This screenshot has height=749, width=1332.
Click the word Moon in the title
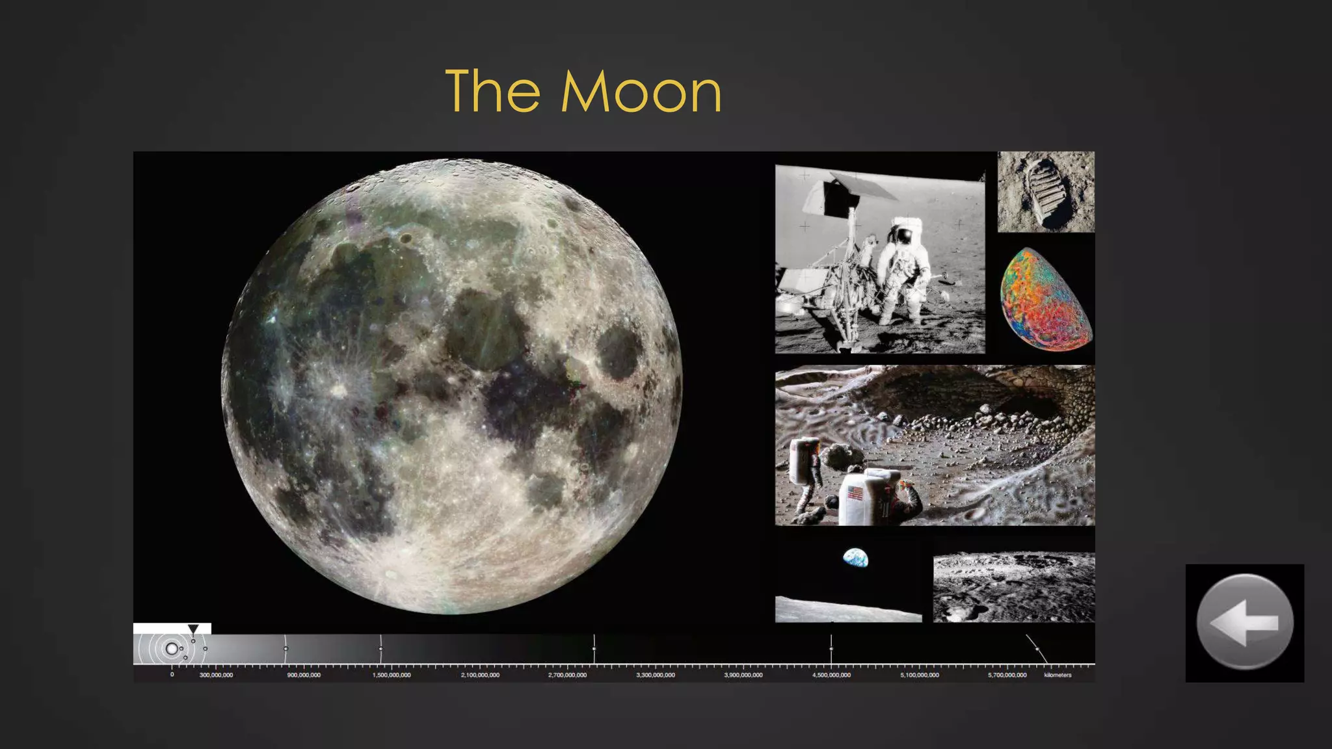click(x=641, y=92)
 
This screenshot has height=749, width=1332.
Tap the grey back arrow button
click(x=1244, y=622)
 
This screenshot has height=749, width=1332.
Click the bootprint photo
click(x=1046, y=192)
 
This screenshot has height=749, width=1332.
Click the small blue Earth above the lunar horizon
click(x=855, y=558)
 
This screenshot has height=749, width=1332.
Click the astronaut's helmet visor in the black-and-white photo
click(x=903, y=235)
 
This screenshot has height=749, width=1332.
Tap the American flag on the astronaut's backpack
click(x=856, y=493)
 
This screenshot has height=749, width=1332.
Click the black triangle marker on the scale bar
click(x=193, y=629)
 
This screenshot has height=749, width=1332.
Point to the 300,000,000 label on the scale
click(x=216, y=675)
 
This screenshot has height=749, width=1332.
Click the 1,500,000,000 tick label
click(x=392, y=675)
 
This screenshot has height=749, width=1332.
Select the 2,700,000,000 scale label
click(x=567, y=675)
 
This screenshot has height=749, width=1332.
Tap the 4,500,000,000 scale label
click(x=831, y=675)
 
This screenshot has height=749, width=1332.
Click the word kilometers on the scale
click(x=1058, y=675)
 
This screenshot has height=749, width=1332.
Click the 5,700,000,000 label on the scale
click(x=1007, y=675)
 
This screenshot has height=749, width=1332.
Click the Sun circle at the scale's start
click(x=171, y=648)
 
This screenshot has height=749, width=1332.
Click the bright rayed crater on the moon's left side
click(x=338, y=389)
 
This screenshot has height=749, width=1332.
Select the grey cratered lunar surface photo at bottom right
click(x=1013, y=587)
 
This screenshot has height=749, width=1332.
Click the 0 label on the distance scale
click(x=172, y=675)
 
